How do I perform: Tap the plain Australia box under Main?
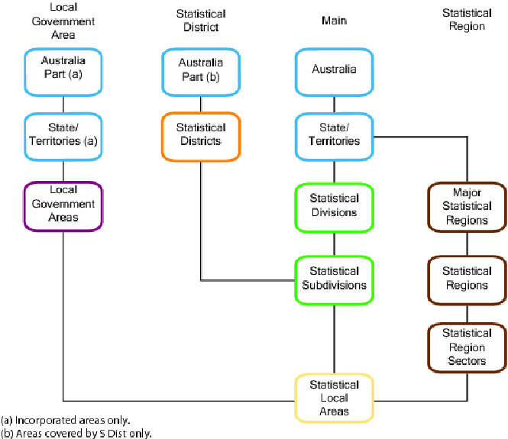click(x=334, y=70)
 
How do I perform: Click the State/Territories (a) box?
click(x=63, y=135)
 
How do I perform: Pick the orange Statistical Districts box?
click(x=201, y=135)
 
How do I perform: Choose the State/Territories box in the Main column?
click(x=334, y=135)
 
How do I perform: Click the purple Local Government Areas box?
click(x=63, y=205)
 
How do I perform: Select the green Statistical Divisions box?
click(x=334, y=205)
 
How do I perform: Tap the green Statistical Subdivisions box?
click(x=334, y=279)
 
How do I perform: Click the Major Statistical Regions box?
click(x=467, y=206)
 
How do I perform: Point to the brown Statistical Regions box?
click(x=467, y=279)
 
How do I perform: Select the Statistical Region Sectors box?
click(x=467, y=347)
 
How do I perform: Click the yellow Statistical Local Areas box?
click(x=334, y=398)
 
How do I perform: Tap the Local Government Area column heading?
click(x=63, y=21)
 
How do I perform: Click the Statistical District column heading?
click(x=201, y=21)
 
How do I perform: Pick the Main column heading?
click(x=334, y=21)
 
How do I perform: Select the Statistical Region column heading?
click(x=467, y=20)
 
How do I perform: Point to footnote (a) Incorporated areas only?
click(x=66, y=420)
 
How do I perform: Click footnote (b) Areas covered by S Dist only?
click(x=76, y=433)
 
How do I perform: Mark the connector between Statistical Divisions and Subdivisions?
click(x=334, y=244)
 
